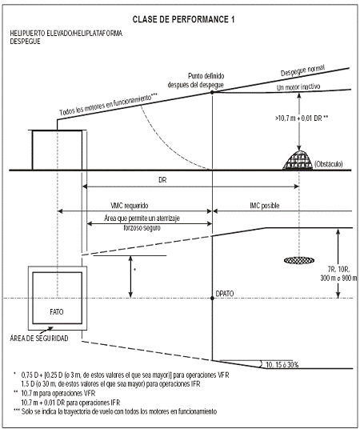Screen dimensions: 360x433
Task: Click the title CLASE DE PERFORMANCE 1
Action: click(183, 19)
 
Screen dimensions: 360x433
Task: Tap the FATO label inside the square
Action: click(57, 312)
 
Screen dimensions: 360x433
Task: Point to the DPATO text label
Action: click(225, 294)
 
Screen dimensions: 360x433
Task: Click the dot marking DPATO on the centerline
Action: click(212, 299)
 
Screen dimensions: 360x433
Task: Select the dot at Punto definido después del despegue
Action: click(212, 93)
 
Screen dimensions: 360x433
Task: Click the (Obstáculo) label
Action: click(329, 164)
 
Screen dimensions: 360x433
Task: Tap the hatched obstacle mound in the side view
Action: click(298, 160)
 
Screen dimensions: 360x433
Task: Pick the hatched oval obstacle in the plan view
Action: click(299, 260)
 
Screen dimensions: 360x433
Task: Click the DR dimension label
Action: click(162, 180)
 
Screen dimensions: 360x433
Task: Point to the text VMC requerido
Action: click(130, 206)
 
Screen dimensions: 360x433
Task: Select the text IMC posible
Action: click(265, 206)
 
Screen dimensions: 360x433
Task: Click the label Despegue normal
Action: click(302, 70)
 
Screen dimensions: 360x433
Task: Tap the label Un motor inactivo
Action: click(298, 87)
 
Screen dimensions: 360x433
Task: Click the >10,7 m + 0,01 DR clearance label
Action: click(302, 118)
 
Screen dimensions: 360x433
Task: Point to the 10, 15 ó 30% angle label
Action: click(282, 365)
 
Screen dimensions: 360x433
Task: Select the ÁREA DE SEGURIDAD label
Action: click(39, 339)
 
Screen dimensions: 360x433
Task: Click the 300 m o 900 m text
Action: click(338, 278)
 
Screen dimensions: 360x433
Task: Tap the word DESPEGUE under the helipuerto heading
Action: click(25, 42)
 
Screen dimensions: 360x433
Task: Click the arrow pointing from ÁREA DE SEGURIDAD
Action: click(46, 330)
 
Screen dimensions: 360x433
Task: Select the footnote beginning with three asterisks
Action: click(115, 411)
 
